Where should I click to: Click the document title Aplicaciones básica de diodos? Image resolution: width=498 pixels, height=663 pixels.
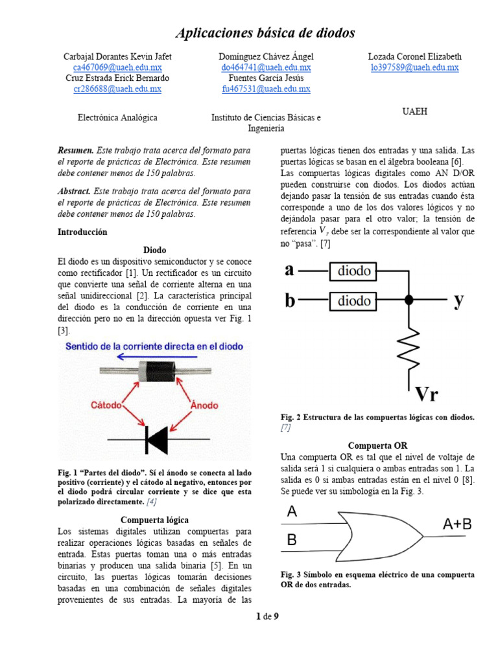[266, 33]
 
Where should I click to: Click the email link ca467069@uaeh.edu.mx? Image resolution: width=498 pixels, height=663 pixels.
[117, 67]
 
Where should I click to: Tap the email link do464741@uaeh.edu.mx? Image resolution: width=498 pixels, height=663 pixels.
[266, 67]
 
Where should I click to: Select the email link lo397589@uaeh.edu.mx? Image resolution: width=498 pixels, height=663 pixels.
[414, 67]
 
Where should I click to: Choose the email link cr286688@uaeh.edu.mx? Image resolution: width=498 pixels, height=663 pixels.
[117, 89]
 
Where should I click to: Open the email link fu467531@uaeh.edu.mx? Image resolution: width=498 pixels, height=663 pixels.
[266, 89]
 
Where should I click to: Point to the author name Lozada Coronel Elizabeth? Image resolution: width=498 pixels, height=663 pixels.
[414, 56]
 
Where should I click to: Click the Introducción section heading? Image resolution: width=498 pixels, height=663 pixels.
[82, 232]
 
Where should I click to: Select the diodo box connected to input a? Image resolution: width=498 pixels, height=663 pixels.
[355, 271]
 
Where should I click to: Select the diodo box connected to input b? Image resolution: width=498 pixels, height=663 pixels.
[355, 300]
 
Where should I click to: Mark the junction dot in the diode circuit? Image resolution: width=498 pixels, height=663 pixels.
[409, 300]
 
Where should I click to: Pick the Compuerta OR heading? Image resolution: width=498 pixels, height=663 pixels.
[378, 445]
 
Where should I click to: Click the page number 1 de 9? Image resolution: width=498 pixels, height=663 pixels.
[267, 616]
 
